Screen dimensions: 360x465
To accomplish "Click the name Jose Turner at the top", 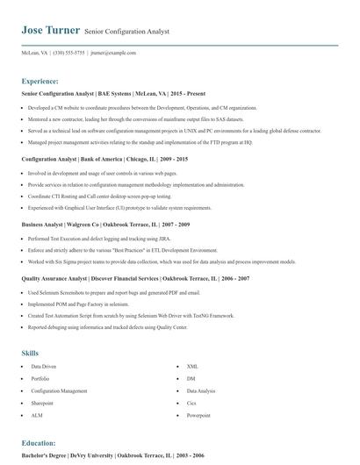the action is point(50,31).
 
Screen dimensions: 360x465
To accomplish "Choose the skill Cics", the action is point(192,403).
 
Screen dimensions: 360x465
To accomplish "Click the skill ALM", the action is point(37,415).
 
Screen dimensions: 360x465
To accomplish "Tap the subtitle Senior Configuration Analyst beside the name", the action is point(127,32).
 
